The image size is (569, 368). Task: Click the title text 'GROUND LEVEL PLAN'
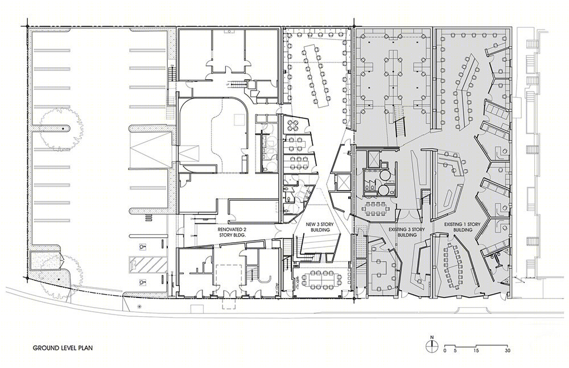(x=63, y=348)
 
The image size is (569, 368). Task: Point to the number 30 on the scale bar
(x=508, y=350)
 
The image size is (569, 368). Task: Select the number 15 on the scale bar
(x=476, y=350)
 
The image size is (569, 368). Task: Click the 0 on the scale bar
(x=445, y=350)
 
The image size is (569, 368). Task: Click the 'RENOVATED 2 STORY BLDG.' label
(x=232, y=232)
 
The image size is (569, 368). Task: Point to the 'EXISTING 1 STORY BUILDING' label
(x=462, y=227)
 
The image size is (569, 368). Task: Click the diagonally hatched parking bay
(x=149, y=265)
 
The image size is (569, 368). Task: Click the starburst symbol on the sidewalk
(x=141, y=307)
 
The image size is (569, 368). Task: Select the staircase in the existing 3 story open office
(x=400, y=127)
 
